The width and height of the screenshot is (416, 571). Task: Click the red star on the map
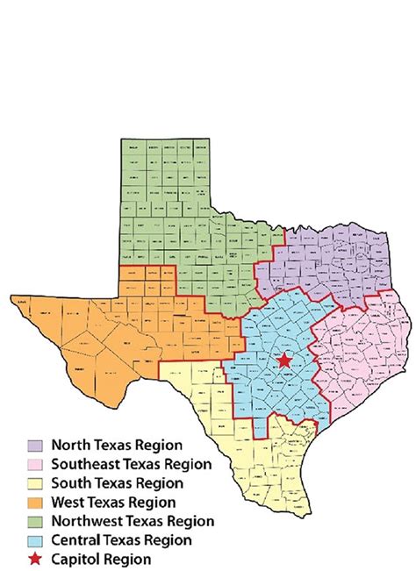click(x=283, y=360)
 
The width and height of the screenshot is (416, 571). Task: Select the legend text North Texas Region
click(x=117, y=445)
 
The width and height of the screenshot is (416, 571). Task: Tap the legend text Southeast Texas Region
click(x=132, y=464)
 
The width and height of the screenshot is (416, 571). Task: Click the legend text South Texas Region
click(x=117, y=483)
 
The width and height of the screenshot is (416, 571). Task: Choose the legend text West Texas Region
click(x=114, y=503)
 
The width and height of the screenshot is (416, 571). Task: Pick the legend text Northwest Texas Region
click(x=133, y=521)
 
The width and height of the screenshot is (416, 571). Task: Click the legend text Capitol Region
click(x=101, y=559)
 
